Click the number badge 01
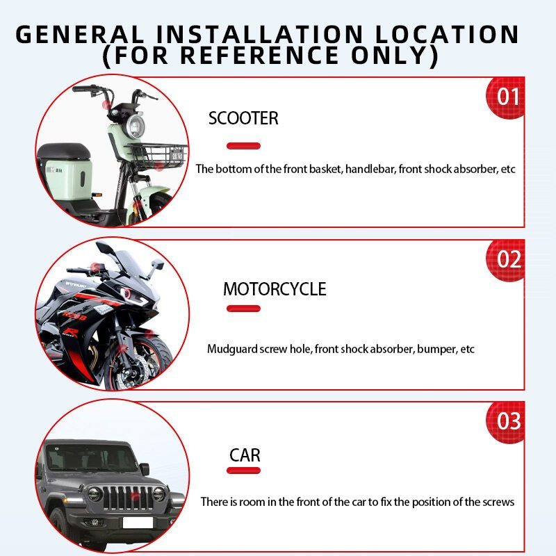coord(506,97)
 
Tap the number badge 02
coord(506,259)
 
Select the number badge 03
coord(506,422)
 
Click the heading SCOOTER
coord(243,118)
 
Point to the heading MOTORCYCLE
coord(275,289)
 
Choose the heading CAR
coord(245,455)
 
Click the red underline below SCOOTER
coord(244,146)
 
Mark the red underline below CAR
coord(244,471)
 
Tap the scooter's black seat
coord(64,151)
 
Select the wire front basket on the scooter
coord(156,156)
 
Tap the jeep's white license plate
coord(138,523)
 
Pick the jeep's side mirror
coord(145,469)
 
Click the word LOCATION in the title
coord(447,34)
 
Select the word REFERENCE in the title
coord(259,55)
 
